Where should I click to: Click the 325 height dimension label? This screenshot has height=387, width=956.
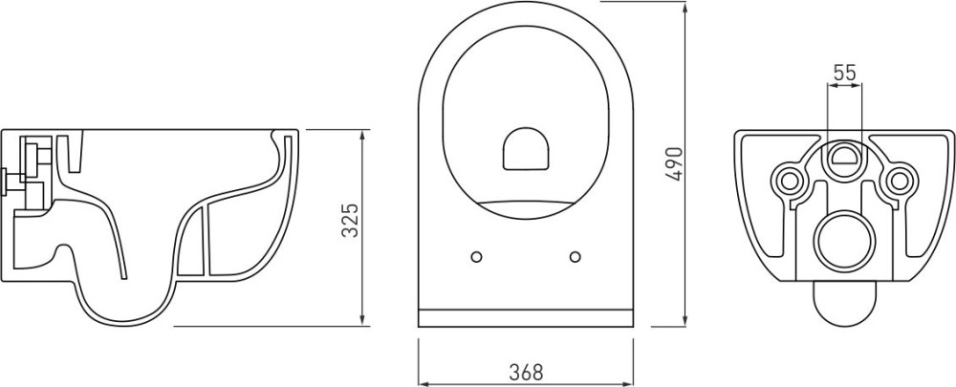(350, 220)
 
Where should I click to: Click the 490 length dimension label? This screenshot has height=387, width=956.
(674, 164)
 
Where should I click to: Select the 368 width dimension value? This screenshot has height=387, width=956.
(526, 371)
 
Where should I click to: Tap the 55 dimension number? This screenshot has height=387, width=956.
(844, 73)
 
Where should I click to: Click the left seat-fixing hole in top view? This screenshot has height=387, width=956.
(477, 257)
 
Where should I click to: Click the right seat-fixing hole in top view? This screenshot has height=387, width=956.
(575, 257)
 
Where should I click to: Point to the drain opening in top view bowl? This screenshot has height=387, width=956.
(527, 148)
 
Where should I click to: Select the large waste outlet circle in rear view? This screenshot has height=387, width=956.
(844, 242)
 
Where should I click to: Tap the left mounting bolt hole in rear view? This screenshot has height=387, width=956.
(789, 180)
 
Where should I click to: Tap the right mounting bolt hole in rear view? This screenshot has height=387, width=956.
(899, 180)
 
